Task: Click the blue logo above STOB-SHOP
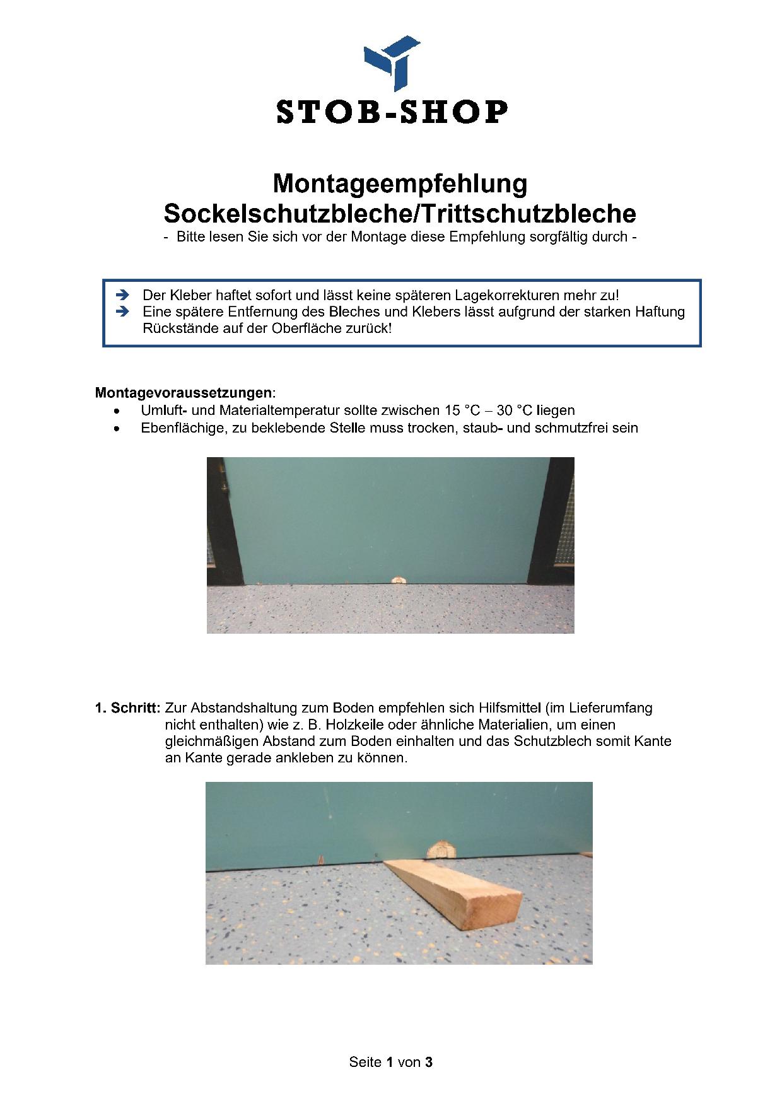(x=392, y=63)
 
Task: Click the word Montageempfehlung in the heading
(x=400, y=183)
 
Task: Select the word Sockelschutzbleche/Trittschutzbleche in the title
(x=400, y=214)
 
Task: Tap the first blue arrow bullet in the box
(x=123, y=294)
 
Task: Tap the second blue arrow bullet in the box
(x=123, y=311)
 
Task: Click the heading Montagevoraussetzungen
(x=184, y=393)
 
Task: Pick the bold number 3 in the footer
(x=429, y=1062)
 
